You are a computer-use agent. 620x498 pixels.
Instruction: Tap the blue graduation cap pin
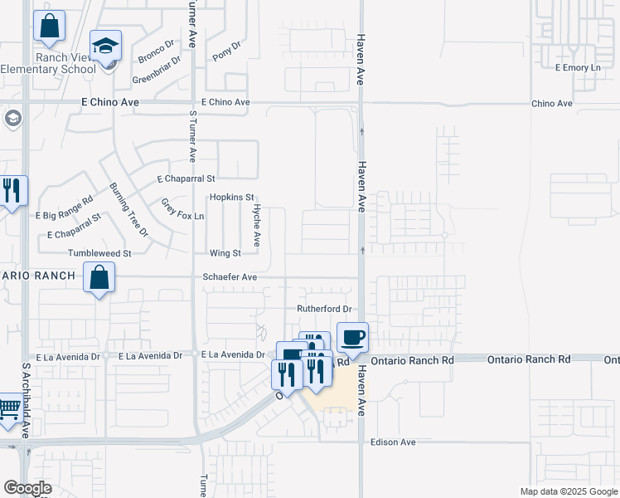pyautogui.click(x=105, y=46)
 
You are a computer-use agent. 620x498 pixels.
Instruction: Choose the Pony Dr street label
pyautogui.click(x=226, y=51)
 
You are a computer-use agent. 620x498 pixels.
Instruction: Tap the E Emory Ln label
pyautogui.click(x=577, y=67)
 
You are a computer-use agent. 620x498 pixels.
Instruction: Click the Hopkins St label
pyautogui.click(x=230, y=198)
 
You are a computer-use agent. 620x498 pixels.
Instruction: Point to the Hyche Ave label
pyautogui.click(x=257, y=226)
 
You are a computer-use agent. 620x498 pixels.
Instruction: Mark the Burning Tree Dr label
pyautogui.click(x=128, y=209)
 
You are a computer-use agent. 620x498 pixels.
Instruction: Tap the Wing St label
pyautogui.click(x=225, y=253)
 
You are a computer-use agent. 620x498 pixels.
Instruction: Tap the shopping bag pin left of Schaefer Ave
pyautogui.click(x=99, y=278)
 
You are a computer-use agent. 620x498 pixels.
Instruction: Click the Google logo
pyautogui.click(x=27, y=488)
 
